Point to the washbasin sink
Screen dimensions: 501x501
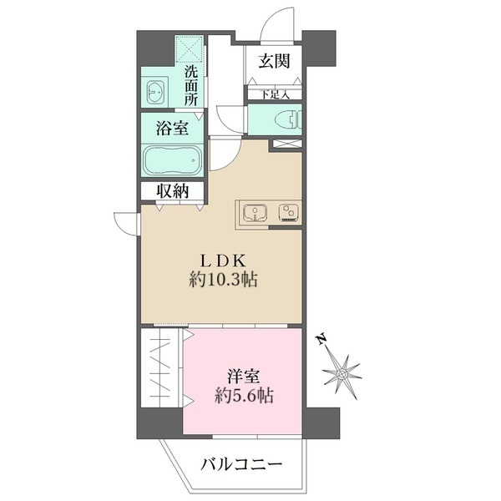tap(155, 91)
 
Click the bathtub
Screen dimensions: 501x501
tap(172, 158)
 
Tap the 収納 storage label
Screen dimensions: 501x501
tap(172, 191)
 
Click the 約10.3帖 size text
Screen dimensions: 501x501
tap(221, 281)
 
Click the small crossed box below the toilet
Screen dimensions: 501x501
tap(284, 145)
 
